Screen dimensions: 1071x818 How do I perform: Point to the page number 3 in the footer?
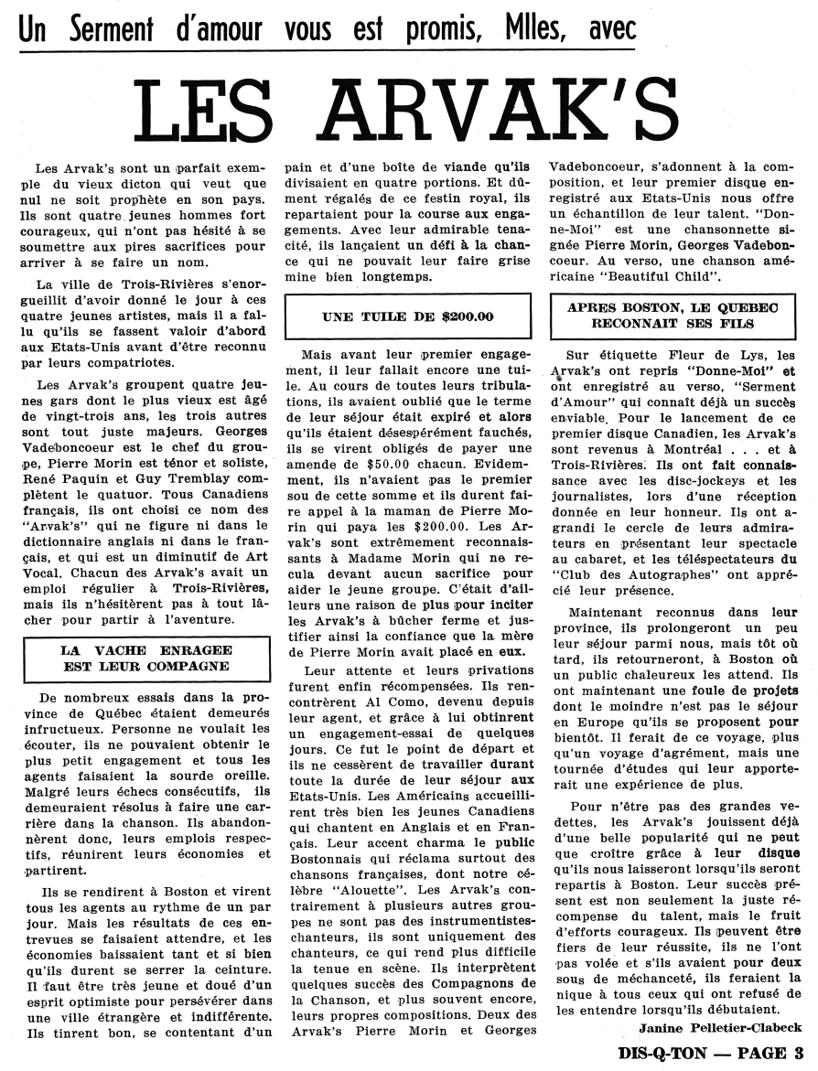pyautogui.click(x=799, y=1054)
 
